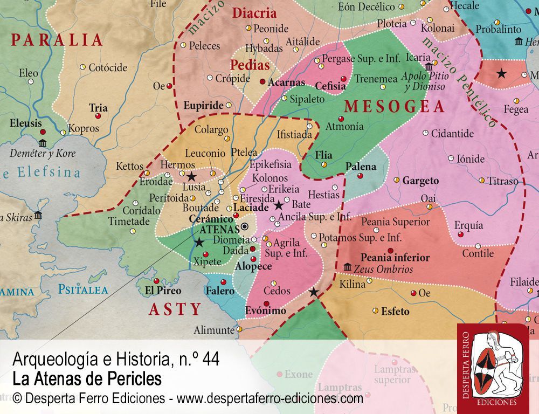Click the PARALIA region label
[x=57, y=40]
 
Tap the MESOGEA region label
[x=395, y=107]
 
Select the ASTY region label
[x=175, y=309]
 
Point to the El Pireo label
[x=163, y=291]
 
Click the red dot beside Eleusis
[x=43, y=132]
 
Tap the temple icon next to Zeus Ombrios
[x=347, y=267]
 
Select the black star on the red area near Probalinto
[x=501, y=73]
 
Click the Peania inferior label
[x=395, y=258]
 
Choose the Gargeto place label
[x=420, y=181]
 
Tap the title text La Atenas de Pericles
[x=87, y=379]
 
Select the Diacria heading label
[x=254, y=13]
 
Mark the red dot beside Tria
[x=98, y=116]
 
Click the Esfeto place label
[x=395, y=311]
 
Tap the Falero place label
[x=220, y=291]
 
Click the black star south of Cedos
[x=313, y=292]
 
